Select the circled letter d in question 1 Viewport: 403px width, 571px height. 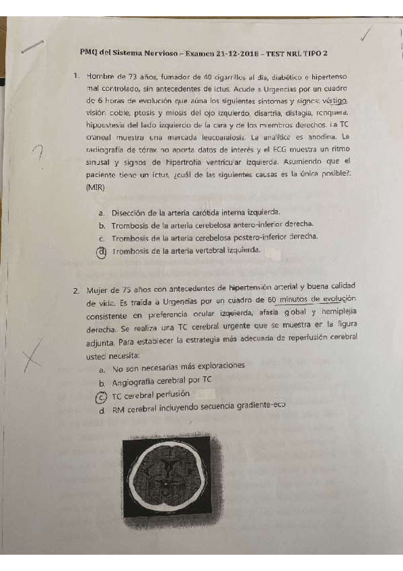[102, 252]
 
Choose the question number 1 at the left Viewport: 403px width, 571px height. [77, 75]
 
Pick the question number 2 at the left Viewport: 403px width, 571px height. [77, 291]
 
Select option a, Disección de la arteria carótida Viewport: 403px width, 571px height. [195, 211]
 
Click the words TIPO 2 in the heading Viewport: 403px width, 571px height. [315, 53]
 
